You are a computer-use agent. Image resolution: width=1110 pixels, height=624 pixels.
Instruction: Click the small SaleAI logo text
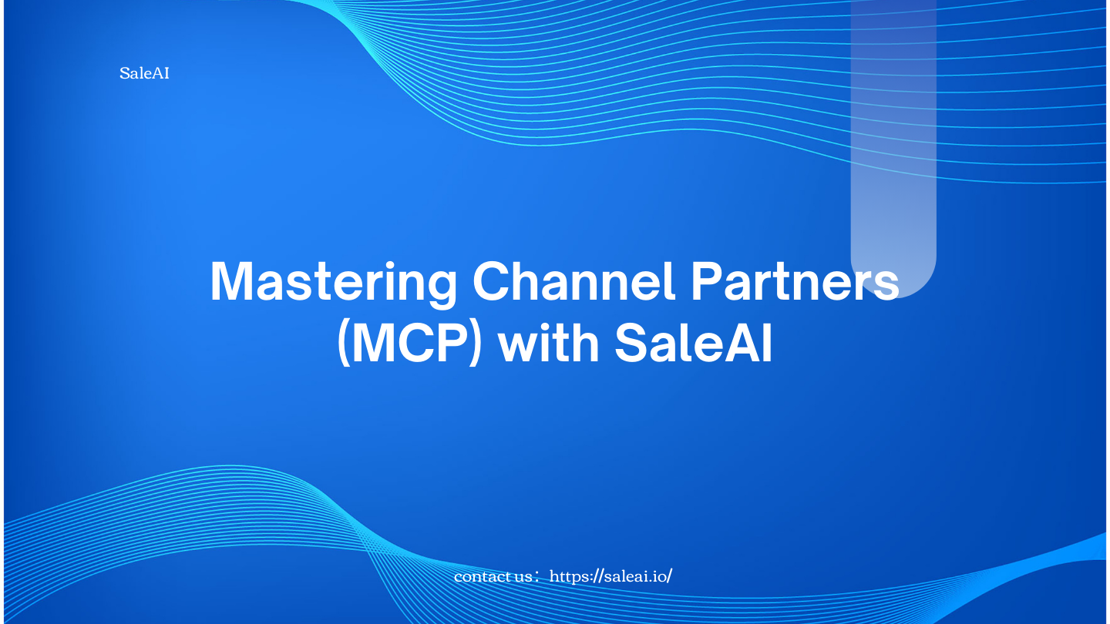(144, 74)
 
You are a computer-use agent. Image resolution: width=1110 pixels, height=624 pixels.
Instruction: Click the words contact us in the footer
(493, 576)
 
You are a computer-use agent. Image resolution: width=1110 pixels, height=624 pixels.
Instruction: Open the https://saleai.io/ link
(610, 576)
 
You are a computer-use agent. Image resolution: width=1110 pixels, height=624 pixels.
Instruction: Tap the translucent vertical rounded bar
(893, 139)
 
